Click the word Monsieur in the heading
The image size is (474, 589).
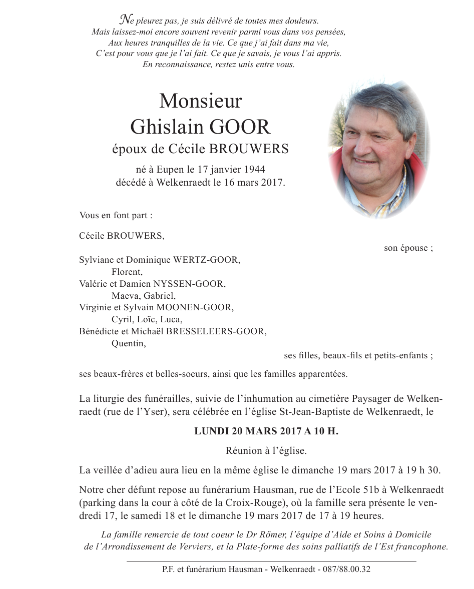(x=200, y=102)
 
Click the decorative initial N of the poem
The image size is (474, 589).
(x=125, y=21)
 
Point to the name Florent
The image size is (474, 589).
(x=127, y=272)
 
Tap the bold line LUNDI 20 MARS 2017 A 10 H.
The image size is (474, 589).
(x=266, y=431)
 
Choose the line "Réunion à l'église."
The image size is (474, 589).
(x=266, y=451)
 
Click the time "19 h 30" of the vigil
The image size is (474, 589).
(x=424, y=470)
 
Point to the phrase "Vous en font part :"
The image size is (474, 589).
(x=116, y=215)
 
